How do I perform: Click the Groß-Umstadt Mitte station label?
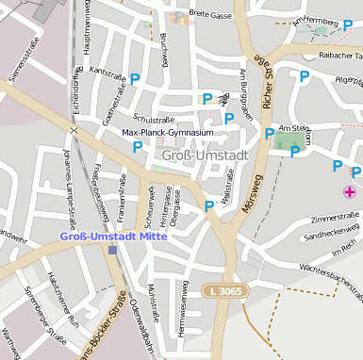(113, 236)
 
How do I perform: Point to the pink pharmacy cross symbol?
(350, 192)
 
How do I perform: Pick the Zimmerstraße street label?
(310, 217)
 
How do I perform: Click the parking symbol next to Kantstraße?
(135, 80)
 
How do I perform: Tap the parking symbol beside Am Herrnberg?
(347, 25)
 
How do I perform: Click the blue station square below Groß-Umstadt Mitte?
(113, 250)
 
